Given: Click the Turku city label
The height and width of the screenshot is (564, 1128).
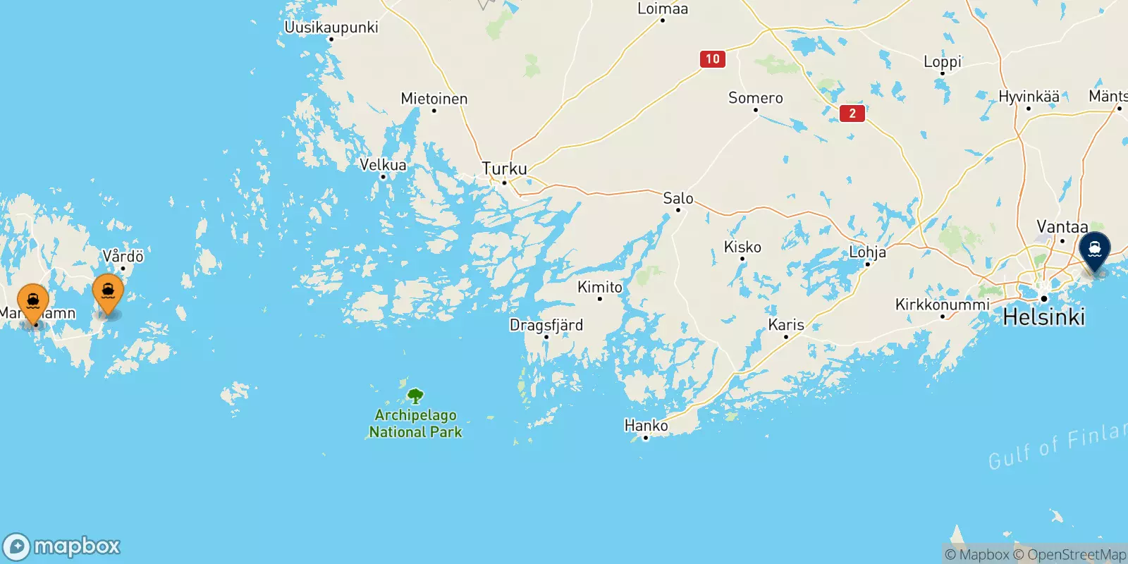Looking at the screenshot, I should click(x=504, y=169).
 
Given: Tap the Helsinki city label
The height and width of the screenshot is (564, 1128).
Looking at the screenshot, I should click(x=1043, y=317).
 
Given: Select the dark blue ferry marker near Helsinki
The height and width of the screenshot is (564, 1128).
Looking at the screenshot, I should click(x=1095, y=250).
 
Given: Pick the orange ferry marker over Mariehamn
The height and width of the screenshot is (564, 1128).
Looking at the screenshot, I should click(x=33, y=302).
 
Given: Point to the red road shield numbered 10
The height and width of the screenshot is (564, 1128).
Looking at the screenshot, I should click(x=712, y=59).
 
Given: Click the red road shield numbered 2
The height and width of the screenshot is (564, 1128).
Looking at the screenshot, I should click(x=852, y=113).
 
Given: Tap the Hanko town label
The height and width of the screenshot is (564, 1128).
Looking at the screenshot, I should click(x=646, y=426).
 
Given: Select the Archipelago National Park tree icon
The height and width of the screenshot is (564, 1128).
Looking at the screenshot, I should click(x=416, y=396).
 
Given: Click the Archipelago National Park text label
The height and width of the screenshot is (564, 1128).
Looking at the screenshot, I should click(x=416, y=424).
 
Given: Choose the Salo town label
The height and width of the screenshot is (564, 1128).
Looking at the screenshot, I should click(x=678, y=199).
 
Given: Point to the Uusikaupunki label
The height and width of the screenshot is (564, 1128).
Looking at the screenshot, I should click(x=331, y=27).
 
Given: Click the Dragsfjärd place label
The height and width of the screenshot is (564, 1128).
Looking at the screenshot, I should click(x=546, y=325).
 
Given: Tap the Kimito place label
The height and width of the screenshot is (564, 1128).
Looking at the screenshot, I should click(x=600, y=287).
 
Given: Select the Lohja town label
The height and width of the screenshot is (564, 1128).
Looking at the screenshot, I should click(x=867, y=252).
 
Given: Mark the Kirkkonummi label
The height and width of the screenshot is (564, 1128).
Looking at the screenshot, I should click(x=942, y=305).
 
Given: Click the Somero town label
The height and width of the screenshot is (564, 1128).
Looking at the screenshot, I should click(x=755, y=98).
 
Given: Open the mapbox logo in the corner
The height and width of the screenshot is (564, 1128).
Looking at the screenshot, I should click(x=62, y=546).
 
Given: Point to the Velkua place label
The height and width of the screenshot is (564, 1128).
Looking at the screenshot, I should click(x=383, y=165).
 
